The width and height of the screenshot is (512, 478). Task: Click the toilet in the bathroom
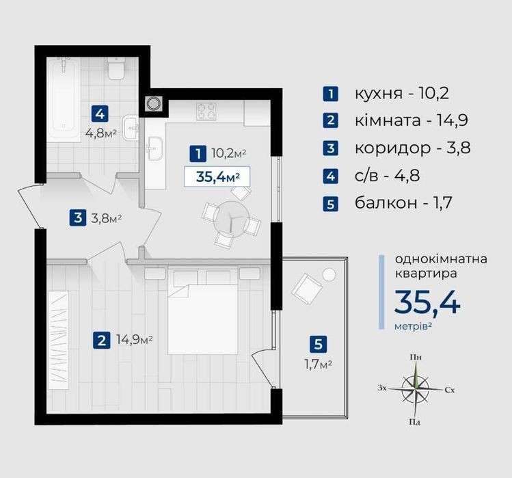pos(116,68)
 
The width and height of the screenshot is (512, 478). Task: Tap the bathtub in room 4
pos(64,99)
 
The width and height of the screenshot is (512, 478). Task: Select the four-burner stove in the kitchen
pos(206,111)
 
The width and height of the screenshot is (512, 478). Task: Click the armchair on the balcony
pos(307,289)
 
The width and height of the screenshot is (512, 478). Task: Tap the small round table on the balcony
pos(329,274)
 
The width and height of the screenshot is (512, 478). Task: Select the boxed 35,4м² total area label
pos(217,176)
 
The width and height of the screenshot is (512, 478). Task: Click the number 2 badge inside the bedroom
pos(101,341)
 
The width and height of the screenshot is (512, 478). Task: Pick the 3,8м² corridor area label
pos(106,218)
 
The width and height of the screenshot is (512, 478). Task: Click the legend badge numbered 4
pos(330,176)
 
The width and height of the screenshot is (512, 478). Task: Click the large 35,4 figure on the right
pos(427,302)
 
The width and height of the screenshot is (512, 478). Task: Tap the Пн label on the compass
pos(416,357)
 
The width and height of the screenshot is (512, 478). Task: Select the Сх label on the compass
pos(450,390)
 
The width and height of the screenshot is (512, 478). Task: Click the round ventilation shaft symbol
pos(153,103)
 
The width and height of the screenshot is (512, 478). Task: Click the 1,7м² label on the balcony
pos(319,364)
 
